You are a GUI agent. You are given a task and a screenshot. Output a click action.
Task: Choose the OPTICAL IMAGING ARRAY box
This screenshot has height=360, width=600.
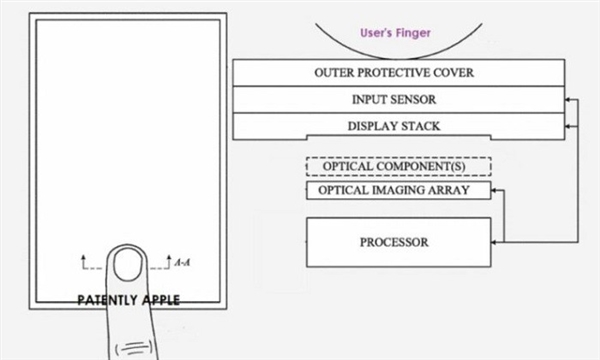[x=397, y=190]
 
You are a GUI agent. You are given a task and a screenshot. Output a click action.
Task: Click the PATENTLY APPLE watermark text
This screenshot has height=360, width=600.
[x=130, y=299]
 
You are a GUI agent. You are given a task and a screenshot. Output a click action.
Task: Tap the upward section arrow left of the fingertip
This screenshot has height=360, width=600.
[x=84, y=260]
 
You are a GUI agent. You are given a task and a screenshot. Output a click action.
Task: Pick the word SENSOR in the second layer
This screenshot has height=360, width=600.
[x=419, y=100]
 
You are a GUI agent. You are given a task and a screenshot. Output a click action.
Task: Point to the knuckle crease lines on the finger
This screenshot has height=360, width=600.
[x=139, y=344]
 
